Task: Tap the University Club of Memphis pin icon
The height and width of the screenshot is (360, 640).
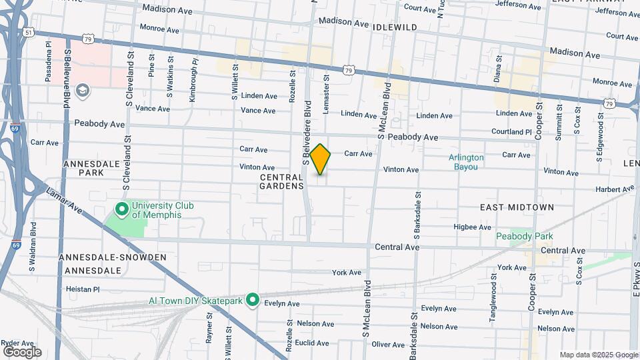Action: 121,210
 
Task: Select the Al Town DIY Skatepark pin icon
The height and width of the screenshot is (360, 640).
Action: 253,301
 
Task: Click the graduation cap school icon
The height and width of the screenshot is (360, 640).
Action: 83,90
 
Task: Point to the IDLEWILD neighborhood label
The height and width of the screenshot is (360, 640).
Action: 395,27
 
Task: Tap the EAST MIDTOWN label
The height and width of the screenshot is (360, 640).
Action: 517,207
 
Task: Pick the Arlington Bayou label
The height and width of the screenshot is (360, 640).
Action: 466,162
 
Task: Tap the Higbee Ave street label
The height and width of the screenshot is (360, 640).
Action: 472,227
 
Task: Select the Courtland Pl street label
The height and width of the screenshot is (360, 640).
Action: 511,132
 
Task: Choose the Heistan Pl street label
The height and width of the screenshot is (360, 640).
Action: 83,289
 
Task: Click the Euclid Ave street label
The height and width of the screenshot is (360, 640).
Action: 313,343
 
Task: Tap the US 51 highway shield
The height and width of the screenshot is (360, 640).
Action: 27,31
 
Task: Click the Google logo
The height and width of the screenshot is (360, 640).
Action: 22,351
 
